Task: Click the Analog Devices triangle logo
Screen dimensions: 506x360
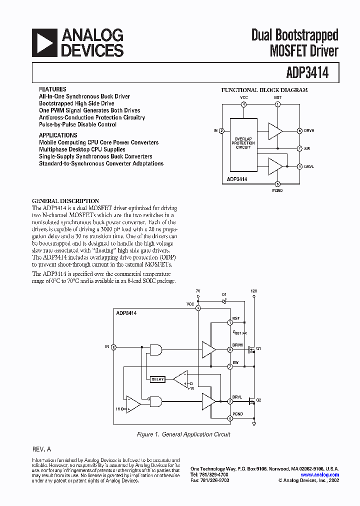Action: pyautogui.click(x=44, y=43)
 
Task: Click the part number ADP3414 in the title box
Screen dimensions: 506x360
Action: pyautogui.click(x=308, y=73)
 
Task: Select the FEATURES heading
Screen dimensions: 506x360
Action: pyautogui.click(x=52, y=89)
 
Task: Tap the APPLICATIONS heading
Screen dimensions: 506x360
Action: pyautogui.click(x=58, y=135)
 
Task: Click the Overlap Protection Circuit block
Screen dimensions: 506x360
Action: pyautogui.click(x=243, y=143)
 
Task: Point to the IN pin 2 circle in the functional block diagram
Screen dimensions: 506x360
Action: pyautogui.click(x=221, y=131)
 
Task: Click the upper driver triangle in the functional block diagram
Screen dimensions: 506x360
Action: pyautogui.click(x=274, y=131)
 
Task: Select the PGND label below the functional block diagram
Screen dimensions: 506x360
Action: pyautogui.click(x=278, y=190)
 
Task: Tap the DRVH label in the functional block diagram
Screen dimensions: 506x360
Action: pyautogui.click(x=309, y=131)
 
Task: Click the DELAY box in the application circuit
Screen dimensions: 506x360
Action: pyautogui.click(x=157, y=379)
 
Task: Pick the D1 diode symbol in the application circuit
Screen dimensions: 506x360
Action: pyautogui.click(x=224, y=301)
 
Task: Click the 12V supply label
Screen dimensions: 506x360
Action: pyautogui.click(x=254, y=291)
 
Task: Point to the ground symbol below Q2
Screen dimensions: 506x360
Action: pyautogui.click(x=254, y=423)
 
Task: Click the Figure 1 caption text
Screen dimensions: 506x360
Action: pyautogui.click(x=183, y=435)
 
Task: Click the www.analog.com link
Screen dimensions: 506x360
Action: pyautogui.click(x=320, y=474)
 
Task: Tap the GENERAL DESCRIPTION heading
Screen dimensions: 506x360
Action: pyautogui.click(x=65, y=201)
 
